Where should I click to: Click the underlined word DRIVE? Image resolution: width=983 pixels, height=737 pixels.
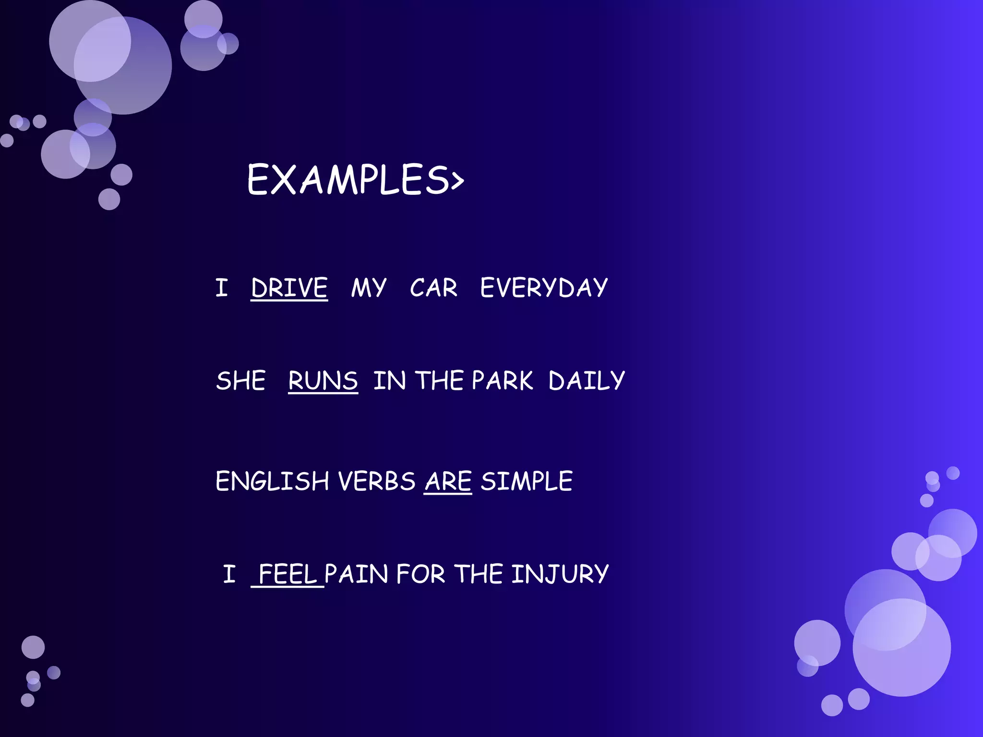click(x=289, y=288)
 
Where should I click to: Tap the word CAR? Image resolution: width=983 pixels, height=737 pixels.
click(x=433, y=288)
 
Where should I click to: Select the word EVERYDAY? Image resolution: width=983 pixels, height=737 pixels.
click(x=544, y=288)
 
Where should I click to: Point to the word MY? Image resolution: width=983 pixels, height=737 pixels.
click(x=368, y=288)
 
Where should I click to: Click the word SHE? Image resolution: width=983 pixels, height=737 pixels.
click(x=240, y=381)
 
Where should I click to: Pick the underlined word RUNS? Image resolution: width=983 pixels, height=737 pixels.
click(x=323, y=381)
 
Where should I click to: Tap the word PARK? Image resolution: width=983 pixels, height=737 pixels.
click(x=502, y=381)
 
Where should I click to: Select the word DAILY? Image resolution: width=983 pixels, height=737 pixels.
click(x=587, y=381)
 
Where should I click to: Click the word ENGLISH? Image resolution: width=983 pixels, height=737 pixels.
click(x=272, y=481)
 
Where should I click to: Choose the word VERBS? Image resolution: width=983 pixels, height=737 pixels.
click(x=377, y=481)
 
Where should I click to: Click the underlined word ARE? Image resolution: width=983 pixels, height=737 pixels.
click(x=448, y=481)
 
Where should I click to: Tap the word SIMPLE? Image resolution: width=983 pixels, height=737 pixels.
click(x=527, y=481)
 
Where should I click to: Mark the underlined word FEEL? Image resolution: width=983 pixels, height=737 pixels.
click(x=288, y=574)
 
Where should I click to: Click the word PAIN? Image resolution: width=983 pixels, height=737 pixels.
click(x=356, y=574)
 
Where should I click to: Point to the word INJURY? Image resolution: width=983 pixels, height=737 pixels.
click(x=560, y=574)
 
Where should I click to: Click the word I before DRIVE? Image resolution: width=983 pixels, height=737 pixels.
click(x=221, y=288)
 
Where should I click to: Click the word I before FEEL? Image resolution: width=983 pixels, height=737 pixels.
click(x=229, y=574)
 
